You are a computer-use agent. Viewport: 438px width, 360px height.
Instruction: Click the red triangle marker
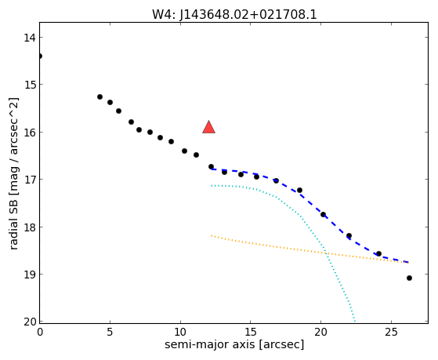209,127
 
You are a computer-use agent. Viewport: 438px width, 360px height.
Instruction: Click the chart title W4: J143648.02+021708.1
234,14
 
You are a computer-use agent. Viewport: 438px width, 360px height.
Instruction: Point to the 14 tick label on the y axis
29,38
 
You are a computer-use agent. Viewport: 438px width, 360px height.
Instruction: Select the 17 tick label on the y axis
29,180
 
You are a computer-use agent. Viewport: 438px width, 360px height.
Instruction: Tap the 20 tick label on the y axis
30,322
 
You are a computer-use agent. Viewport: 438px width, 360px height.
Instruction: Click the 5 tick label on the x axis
110,333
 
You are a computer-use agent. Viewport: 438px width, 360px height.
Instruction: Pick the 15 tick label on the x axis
250,333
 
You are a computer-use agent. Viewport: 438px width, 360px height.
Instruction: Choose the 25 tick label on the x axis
391,333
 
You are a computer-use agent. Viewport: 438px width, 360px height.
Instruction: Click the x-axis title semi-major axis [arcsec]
234,344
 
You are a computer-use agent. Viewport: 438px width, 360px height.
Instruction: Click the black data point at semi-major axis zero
40,56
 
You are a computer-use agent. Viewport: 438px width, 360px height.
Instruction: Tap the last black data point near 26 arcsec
409,278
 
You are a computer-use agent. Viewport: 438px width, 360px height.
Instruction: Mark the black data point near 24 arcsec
378,253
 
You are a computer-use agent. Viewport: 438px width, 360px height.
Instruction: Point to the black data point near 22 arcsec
349,235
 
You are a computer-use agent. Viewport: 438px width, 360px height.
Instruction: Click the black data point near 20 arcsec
323,215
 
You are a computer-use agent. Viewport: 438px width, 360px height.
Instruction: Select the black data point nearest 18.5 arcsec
299,191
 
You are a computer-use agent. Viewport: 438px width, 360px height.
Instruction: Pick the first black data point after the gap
100,96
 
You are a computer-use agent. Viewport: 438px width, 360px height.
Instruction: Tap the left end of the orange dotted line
212,235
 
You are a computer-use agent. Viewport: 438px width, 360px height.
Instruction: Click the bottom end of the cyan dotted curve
355,321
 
